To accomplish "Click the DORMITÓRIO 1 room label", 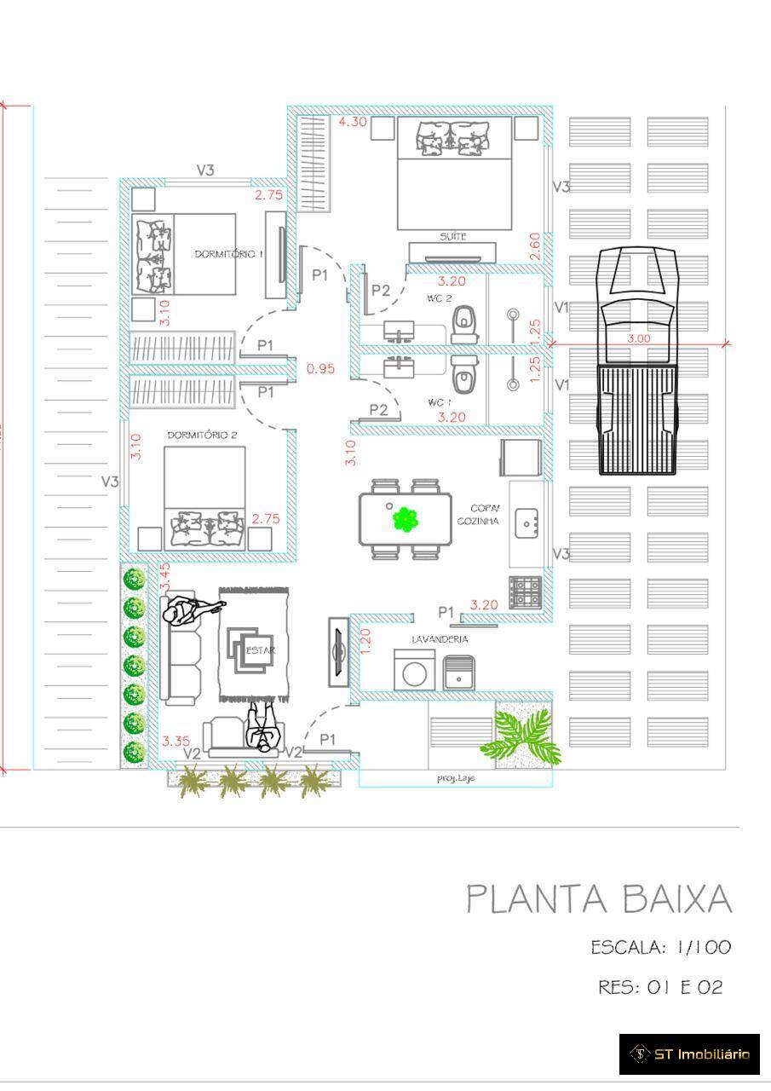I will pyautogui.click(x=229, y=254).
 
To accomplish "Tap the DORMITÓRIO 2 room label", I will pyautogui.click(x=202, y=435).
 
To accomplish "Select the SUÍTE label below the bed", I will pyautogui.click(x=452, y=236).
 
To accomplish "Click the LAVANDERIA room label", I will pyautogui.click(x=440, y=638).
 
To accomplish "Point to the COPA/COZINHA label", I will pyautogui.click(x=478, y=514).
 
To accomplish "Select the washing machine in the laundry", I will pyautogui.click(x=415, y=671).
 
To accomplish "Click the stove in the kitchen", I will pyautogui.click(x=525, y=592).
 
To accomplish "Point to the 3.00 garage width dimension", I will pyautogui.click(x=638, y=338).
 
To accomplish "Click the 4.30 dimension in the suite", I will pyautogui.click(x=353, y=122).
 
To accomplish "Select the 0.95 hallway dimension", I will pyautogui.click(x=320, y=369).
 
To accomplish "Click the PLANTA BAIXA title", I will pyautogui.click(x=599, y=899).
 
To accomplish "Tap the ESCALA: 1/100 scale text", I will pyautogui.click(x=660, y=947).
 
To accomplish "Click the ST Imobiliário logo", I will pyautogui.click(x=689, y=1054).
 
